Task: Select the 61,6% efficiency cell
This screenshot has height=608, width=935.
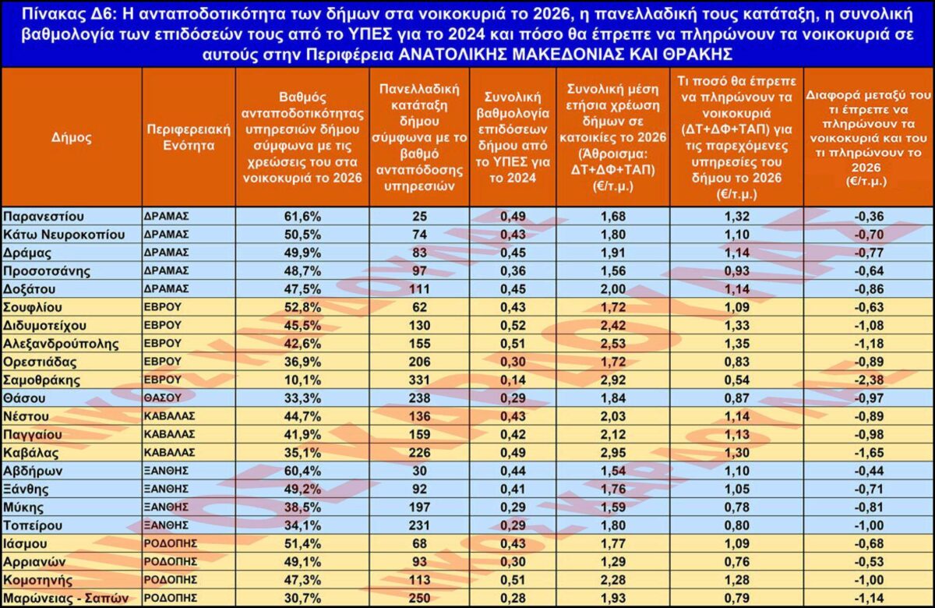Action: (x=302, y=216)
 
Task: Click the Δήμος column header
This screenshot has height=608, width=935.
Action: (x=72, y=138)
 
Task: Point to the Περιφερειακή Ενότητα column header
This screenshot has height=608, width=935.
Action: (x=188, y=138)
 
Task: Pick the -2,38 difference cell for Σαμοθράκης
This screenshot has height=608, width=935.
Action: (x=868, y=380)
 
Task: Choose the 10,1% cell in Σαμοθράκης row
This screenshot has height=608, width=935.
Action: (x=302, y=380)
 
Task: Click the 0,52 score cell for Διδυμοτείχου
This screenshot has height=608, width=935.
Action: (x=512, y=325)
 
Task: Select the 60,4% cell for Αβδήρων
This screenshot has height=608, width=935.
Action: (x=302, y=471)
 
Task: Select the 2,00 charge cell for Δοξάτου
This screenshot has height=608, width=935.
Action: (x=612, y=288)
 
